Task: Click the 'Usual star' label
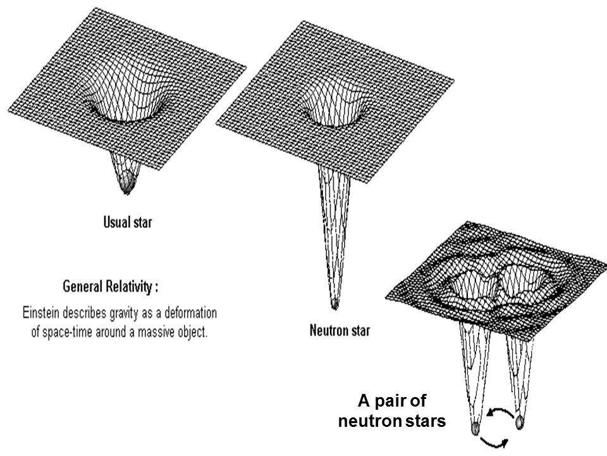click(x=128, y=222)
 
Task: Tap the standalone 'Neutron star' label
click(x=340, y=330)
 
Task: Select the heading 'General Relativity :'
click(x=111, y=287)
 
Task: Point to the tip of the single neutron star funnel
click(x=335, y=305)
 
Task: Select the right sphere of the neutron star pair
click(x=520, y=421)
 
